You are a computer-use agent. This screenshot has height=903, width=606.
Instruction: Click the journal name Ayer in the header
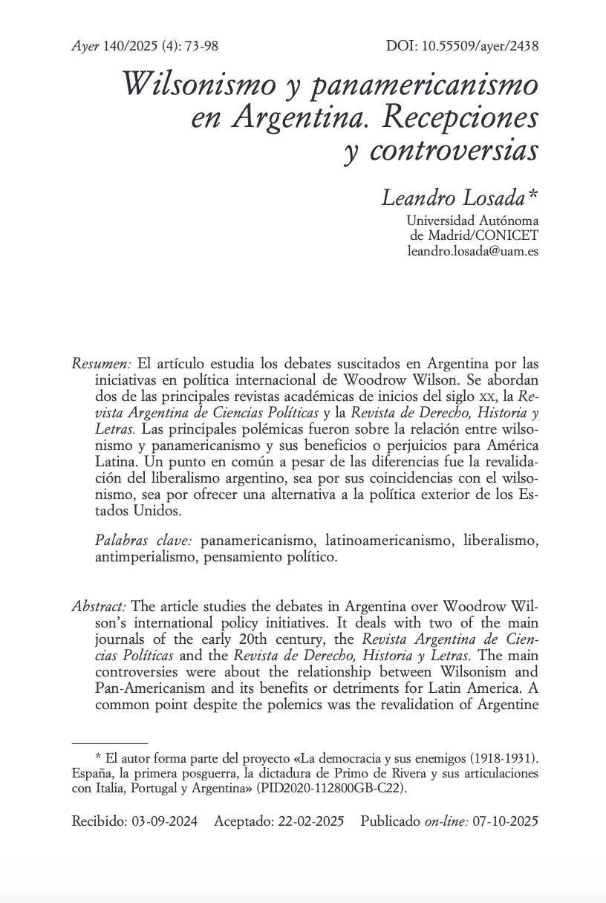tap(85, 46)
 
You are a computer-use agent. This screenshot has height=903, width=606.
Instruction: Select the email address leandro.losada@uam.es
tap(473, 251)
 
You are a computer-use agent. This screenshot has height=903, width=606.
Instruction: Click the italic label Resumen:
tap(102, 364)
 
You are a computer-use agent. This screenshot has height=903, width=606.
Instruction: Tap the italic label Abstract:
tap(99, 606)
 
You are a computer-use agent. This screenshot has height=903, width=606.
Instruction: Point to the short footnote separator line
tap(110, 743)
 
